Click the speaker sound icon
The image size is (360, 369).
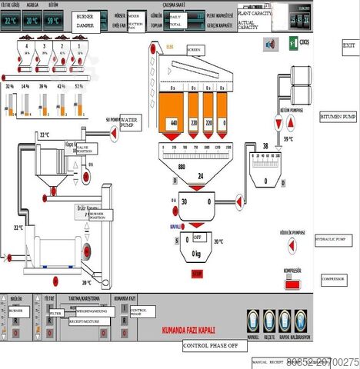click(270, 45)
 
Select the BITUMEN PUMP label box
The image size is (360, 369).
click(338, 117)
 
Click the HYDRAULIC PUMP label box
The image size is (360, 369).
click(332, 240)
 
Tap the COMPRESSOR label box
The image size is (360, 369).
click(334, 278)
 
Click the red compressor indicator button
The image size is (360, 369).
click(292, 285)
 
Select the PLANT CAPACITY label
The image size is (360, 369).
click(255, 14)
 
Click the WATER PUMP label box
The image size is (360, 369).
click(137, 121)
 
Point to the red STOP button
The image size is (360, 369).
click(197, 272)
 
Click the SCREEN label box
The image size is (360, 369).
click(195, 50)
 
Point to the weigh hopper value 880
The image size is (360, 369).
click(182, 167)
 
